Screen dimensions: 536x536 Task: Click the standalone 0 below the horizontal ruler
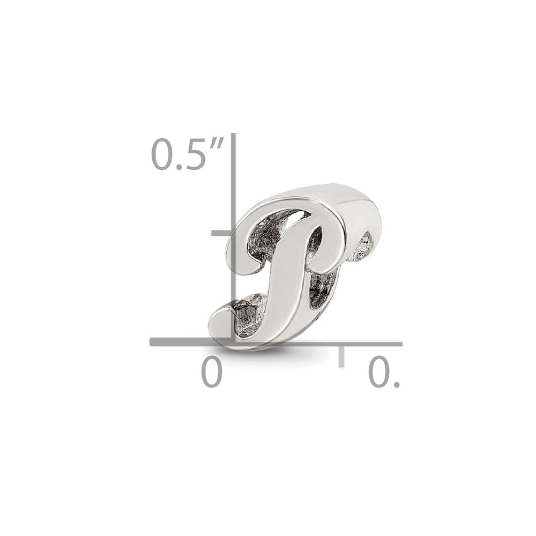(212, 371)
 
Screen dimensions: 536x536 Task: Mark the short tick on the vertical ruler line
(221, 234)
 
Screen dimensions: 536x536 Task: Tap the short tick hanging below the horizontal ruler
(341, 356)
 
